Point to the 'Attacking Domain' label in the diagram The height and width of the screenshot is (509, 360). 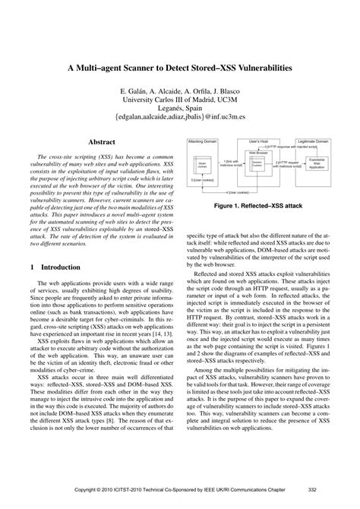point(207,141)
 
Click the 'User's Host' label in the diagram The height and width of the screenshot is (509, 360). point(254,141)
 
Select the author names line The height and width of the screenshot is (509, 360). point(180,89)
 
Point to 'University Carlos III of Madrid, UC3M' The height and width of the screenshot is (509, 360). point(180,99)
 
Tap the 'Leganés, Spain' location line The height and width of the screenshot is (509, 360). point(180,109)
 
